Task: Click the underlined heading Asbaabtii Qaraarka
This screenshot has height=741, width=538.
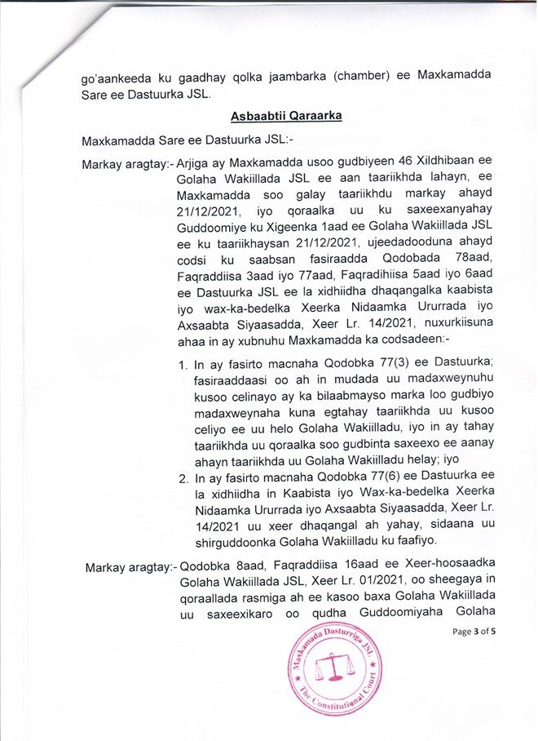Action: (x=285, y=116)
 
